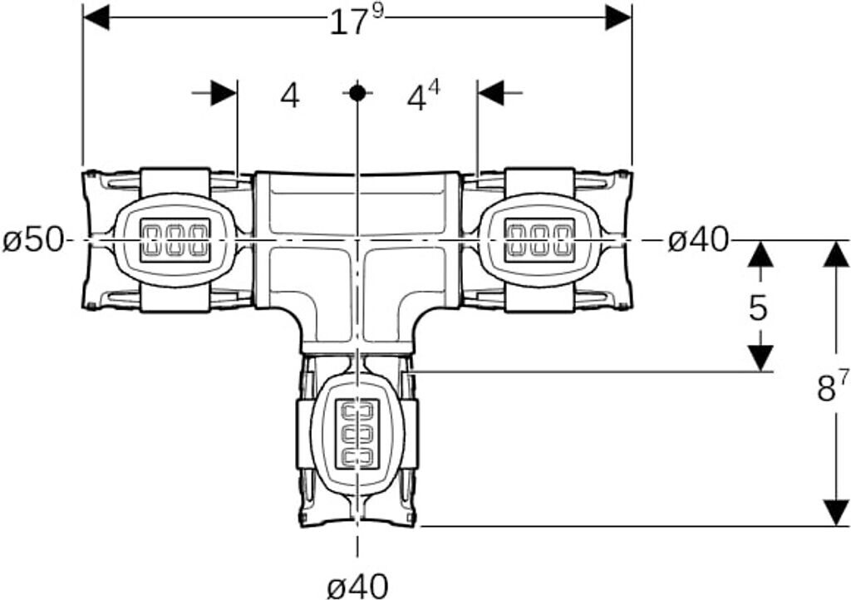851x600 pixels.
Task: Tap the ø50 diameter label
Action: pyautogui.click(x=32, y=240)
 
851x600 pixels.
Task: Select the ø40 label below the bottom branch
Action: pyautogui.click(x=358, y=586)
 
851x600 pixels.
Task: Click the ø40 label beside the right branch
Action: pyautogui.click(x=698, y=240)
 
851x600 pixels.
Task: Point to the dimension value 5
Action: pyautogui.click(x=758, y=308)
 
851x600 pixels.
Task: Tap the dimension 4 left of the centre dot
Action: pyautogui.click(x=290, y=96)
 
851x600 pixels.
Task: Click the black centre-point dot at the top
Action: pyautogui.click(x=357, y=93)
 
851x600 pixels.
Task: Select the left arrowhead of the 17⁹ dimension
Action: pyautogui.click(x=96, y=17)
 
